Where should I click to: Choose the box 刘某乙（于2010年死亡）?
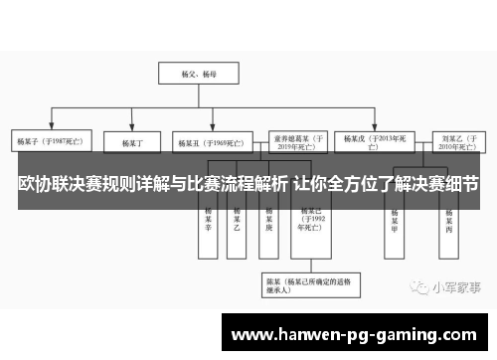click(x=458, y=141)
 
